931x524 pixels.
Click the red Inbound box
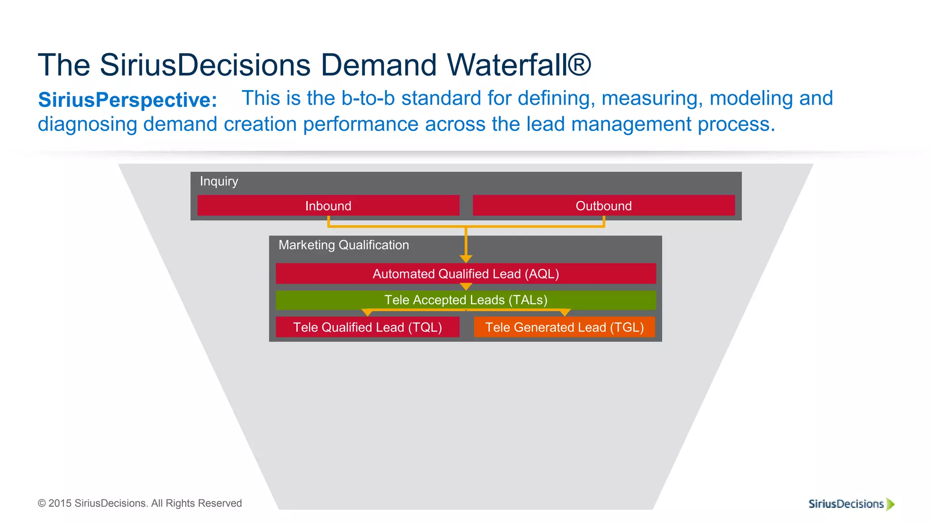click(x=328, y=206)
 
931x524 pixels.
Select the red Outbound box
click(x=604, y=206)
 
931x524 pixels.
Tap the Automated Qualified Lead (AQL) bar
click(x=465, y=274)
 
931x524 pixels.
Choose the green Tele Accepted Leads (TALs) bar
click(x=465, y=300)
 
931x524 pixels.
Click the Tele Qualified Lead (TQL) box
click(x=367, y=327)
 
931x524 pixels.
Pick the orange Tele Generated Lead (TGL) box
click(x=564, y=327)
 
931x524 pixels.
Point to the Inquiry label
click(x=219, y=181)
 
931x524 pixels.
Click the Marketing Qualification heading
click(x=343, y=245)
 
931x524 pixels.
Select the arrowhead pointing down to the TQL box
click(x=367, y=313)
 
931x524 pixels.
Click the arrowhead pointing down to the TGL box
click(x=565, y=313)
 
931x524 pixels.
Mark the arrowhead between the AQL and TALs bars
click(x=466, y=287)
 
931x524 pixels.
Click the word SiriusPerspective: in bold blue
click(x=128, y=100)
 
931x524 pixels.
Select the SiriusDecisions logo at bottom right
click(x=851, y=504)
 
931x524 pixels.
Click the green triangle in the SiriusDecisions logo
click(x=890, y=504)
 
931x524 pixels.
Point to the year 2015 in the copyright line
click(x=60, y=503)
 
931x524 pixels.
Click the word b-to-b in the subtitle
click(x=368, y=98)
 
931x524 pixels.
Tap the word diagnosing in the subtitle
click(x=87, y=124)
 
